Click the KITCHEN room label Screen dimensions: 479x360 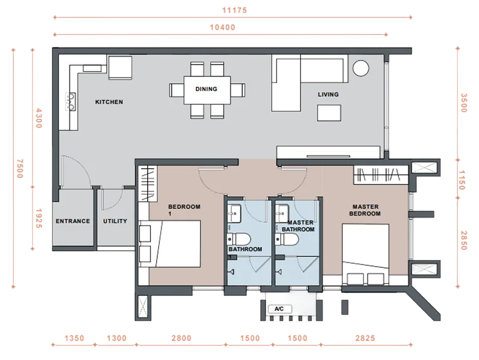click(x=109, y=102)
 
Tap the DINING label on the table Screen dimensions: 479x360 click(x=206, y=89)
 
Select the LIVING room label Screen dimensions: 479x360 click(x=328, y=95)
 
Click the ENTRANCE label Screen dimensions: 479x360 click(x=73, y=221)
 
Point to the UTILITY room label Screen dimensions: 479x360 click(x=115, y=221)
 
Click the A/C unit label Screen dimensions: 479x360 click(x=279, y=309)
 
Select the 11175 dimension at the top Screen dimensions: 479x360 click(x=234, y=10)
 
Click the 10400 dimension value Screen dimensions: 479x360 click(x=222, y=27)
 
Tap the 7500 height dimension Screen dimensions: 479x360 click(x=20, y=169)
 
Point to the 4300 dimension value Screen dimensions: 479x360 click(x=39, y=118)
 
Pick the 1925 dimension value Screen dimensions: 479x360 click(x=39, y=219)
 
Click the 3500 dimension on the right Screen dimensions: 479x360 click(x=464, y=103)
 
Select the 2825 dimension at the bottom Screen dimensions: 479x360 click(x=365, y=338)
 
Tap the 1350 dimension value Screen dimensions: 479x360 click(x=74, y=338)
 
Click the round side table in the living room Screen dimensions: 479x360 click(x=361, y=68)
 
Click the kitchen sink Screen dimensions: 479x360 click(x=71, y=102)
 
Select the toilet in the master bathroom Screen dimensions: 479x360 click(x=287, y=240)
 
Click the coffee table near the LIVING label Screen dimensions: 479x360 click(x=329, y=113)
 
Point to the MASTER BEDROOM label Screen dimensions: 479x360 click(x=365, y=210)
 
